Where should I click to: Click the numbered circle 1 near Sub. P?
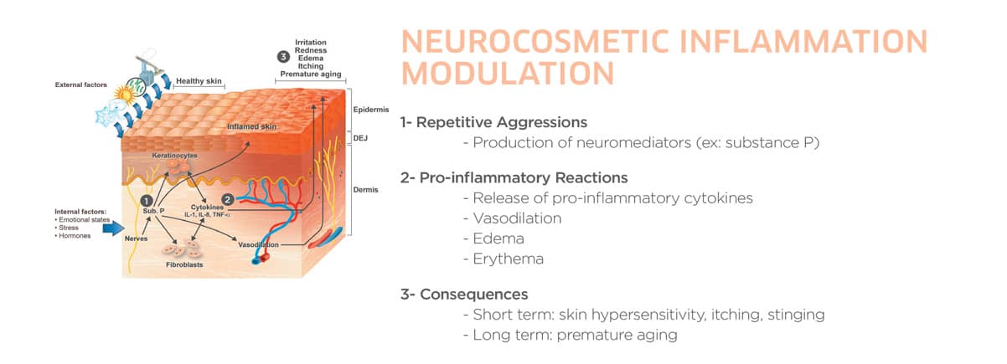pos(147,201)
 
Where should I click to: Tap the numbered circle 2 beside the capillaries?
pos(228,200)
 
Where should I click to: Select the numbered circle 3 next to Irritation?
pos(283,57)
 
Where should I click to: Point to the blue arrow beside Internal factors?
pos(113,228)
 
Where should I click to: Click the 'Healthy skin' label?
pos(199,81)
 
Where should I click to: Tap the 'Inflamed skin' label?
pos(251,126)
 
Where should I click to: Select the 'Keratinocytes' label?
pos(175,156)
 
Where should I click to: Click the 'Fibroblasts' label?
pos(184,264)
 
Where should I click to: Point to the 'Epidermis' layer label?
pos(371,110)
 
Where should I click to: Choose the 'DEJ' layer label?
pos(360,138)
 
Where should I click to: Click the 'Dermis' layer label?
pos(365,190)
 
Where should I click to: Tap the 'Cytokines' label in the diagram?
pos(207,208)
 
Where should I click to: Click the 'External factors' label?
pos(81,85)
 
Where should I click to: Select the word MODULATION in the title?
pos(508,73)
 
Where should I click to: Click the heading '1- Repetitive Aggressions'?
pos(493,122)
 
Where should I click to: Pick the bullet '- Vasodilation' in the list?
pos(513,218)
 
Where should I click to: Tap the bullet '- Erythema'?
pos(503,259)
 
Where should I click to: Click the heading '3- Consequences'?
pos(464,294)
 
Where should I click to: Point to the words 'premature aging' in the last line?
pos(617,336)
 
